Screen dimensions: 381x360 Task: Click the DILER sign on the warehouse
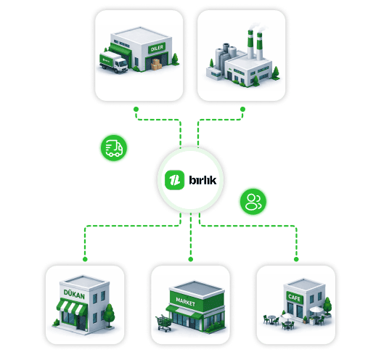click(x=157, y=48)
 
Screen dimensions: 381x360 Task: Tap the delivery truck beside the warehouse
click(x=114, y=62)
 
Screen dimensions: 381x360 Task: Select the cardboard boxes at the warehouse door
click(x=156, y=65)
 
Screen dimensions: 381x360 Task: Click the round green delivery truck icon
click(x=114, y=148)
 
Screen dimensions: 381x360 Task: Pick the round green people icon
click(x=253, y=202)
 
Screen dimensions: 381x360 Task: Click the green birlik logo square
click(x=174, y=180)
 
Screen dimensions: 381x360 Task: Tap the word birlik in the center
click(x=202, y=180)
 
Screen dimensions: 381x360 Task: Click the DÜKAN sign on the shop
click(x=74, y=294)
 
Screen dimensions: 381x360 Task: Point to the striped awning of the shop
click(x=72, y=308)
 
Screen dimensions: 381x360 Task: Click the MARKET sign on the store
click(x=186, y=302)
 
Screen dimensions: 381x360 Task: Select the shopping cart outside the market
click(x=164, y=323)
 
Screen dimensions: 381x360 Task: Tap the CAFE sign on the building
click(x=294, y=297)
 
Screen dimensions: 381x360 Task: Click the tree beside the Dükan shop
click(x=109, y=315)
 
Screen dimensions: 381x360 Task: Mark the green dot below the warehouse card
click(x=136, y=110)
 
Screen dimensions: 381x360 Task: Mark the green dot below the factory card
click(x=242, y=110)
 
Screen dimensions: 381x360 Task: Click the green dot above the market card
click(x=191, y=259)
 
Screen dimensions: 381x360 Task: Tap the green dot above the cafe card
click(x=296, y=259)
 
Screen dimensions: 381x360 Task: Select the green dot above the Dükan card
click(x=85, y=259)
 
